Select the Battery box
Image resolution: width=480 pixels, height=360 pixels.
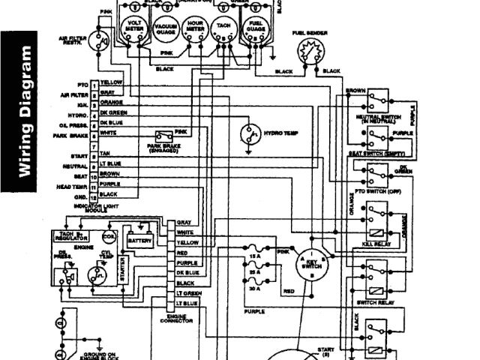pyautogui.click(x=139, y=241)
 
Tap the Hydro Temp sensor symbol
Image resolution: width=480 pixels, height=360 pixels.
pyautogui.click(x=248, y=134)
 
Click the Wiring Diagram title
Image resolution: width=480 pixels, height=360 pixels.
pyautogui.click(x=25, y=112)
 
